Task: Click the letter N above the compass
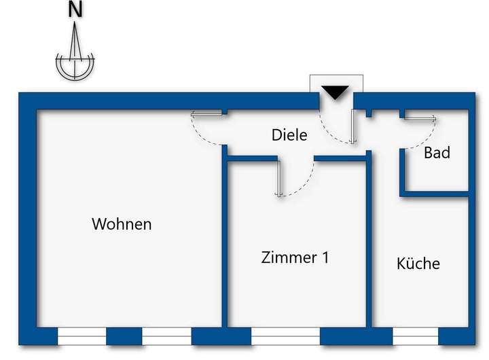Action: pyautogui.click(x=75, y=11)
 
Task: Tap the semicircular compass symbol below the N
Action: pyautogui.click(x=75, y=66)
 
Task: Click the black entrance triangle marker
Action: pyautogui.click(x=335, y=92)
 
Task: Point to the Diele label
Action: pyautogui.click(x=289, y=135)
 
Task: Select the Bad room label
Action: pyautogui.click(x=437, y=153)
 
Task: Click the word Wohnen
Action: pyautogui.click(x=122, y=223)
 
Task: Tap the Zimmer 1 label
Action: pyautogui.click(x=295, y=257)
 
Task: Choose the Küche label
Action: pyautogui.click(x=418, y=264)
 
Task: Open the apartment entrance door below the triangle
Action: pyautogui.click(x=352, y=126)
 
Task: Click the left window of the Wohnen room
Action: pyautogui.click(x=81, y=336)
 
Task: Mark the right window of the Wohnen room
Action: pyautogui.click(x=166, y=336)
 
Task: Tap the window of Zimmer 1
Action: pyautogui.click(x=285, y=336)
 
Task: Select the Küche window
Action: pyautogui.click(x=415, y=336)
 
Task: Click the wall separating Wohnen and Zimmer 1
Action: pyautogui.click(x=224, y=238)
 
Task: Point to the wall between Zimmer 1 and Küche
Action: pyautogui.click(x=369, y=238)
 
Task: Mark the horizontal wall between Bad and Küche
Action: pyautogui.click(x=435, y=194)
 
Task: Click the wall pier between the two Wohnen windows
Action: pyautogui.click(x=124, y=336)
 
